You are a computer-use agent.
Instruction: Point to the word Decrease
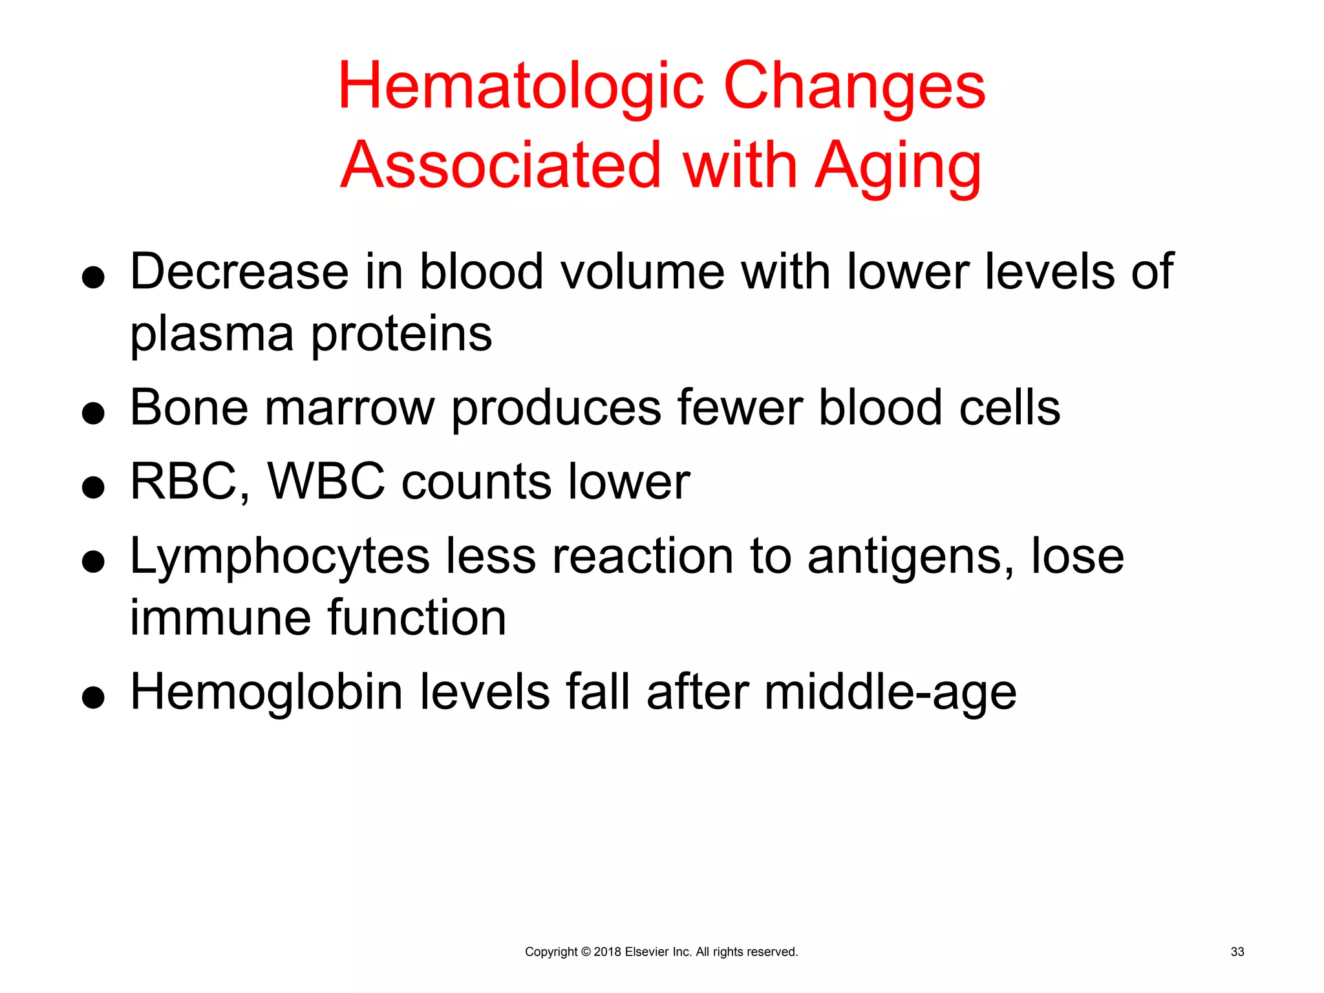239,272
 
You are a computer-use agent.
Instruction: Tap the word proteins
401,334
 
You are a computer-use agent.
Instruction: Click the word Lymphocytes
279,557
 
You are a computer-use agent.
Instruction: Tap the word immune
220,617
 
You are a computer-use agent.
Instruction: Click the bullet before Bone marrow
94,413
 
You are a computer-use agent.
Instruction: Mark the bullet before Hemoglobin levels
94,698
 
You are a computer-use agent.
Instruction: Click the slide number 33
1237,952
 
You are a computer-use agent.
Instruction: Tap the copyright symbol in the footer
586,952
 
